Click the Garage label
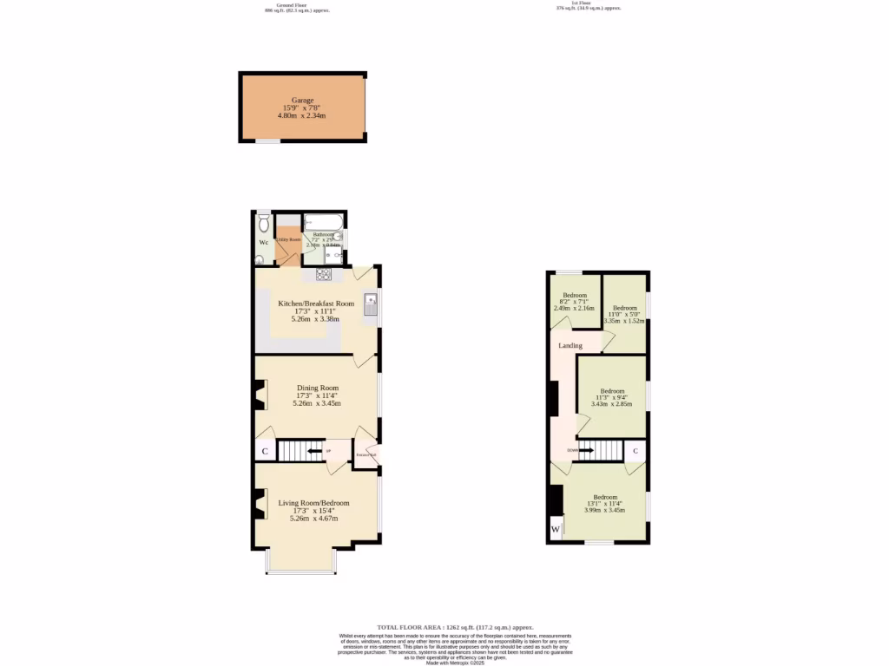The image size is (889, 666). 302,100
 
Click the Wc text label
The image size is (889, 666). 263,242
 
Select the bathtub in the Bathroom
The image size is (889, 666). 322,222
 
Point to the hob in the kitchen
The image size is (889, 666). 325,275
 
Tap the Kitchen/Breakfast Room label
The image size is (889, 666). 316,304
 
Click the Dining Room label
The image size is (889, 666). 317,388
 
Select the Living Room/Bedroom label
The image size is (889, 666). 313,503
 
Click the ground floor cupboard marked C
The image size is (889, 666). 264,451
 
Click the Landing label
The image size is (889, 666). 570,345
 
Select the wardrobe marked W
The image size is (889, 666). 555,529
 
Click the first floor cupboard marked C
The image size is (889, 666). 635,451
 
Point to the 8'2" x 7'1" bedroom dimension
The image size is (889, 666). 575,301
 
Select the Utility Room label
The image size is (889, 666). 288,239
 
